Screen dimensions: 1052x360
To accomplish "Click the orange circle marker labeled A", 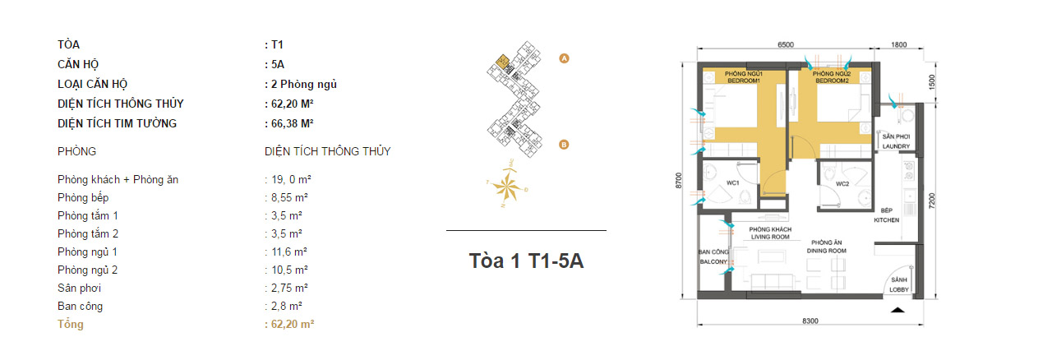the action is click(x=564, y=58).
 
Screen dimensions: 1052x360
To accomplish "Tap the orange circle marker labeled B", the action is click(x=564, y=145).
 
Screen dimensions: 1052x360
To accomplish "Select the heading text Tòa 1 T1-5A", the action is click(x=526, y=261).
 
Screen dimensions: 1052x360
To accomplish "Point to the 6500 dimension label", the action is click(x=786, y=44).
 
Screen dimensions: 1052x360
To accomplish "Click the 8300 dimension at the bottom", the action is click(x=810, y=321).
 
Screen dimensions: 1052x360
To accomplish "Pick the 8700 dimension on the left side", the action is click(x=678, y=181).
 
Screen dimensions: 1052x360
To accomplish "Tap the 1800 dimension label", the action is click(x=899, y=44).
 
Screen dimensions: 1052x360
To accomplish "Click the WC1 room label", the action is click(x=732, y=182).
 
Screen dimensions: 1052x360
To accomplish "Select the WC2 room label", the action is click(x=842, y=184).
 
